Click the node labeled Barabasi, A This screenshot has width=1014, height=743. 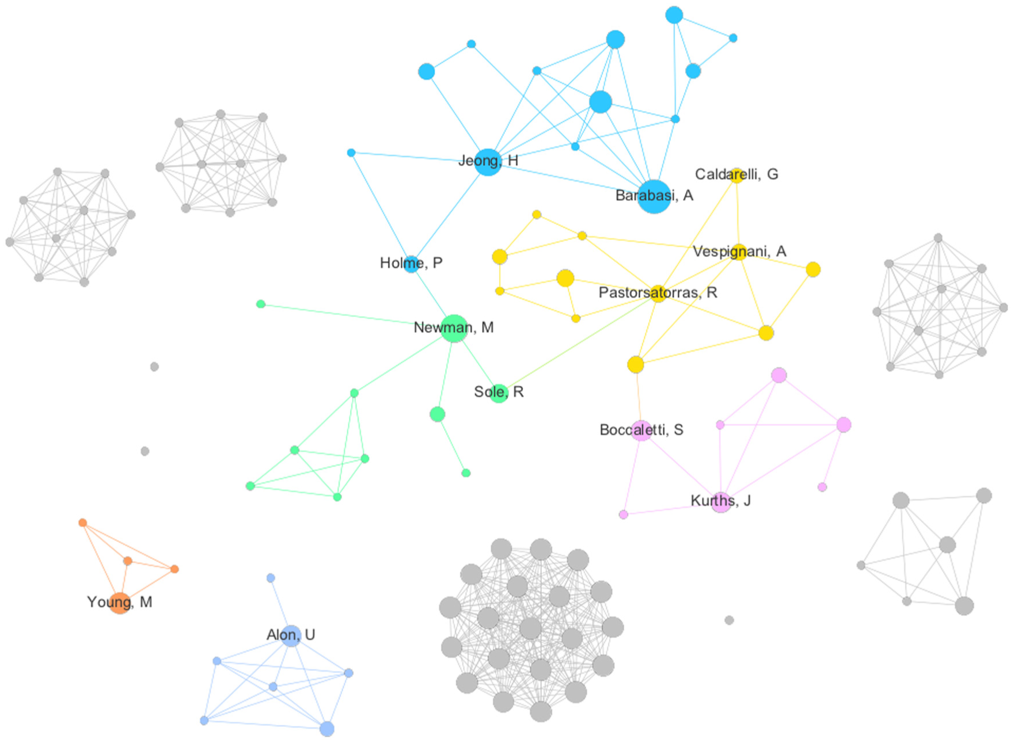tap(654, 196)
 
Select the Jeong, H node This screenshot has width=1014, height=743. tap(488, 162)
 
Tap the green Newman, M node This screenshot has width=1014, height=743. tap(454, 328)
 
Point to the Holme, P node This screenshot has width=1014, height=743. tap(411, 264)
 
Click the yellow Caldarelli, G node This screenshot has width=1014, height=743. tap(736, 176)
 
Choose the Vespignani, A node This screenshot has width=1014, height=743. tap(739, 252)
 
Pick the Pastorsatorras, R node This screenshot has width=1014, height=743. tap(658, 294)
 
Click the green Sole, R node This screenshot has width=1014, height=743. tap(499, 393)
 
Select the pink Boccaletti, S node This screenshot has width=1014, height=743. tap(641, 430)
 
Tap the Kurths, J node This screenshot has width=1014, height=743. tap(720, 502)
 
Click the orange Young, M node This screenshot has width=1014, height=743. tap(120, 603)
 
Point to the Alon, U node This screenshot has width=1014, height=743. tap(291, 635)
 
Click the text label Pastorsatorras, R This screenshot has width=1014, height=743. tap(658, 292)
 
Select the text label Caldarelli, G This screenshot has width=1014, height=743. tap(736, 174)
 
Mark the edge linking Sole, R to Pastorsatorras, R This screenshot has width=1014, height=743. tap(578, 343)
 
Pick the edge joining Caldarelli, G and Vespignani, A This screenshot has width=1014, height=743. tap(738, 214)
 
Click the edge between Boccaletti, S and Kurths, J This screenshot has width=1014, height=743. tap(681, 466)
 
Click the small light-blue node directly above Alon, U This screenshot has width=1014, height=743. tap(271, 578)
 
